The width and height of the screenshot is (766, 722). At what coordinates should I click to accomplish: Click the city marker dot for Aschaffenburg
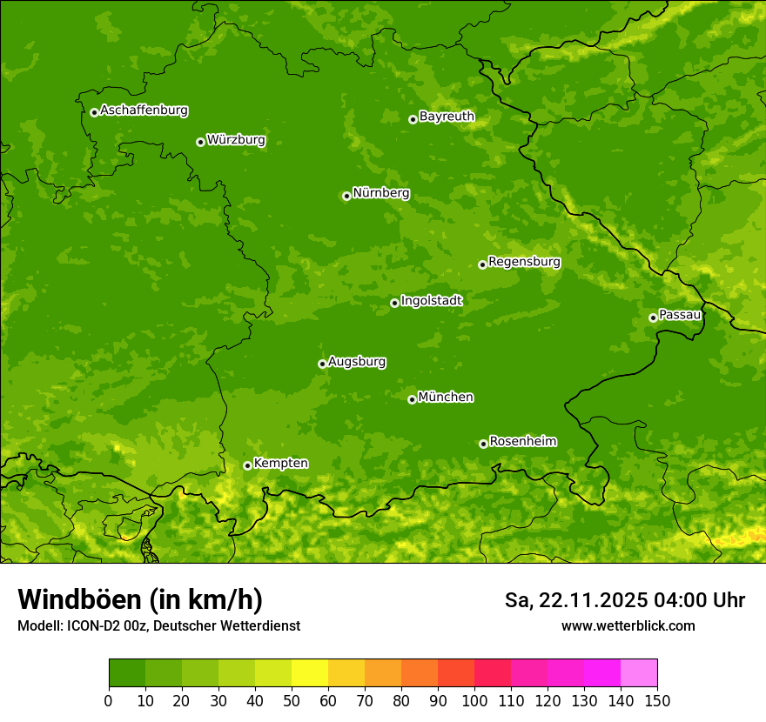(x=94, y=112)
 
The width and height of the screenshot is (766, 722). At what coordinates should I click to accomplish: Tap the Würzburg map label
(x=236, y=140)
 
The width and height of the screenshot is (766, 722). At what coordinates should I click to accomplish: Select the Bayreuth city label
(x=447, y=117)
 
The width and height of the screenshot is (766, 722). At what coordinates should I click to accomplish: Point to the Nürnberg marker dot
(x=346, y=196)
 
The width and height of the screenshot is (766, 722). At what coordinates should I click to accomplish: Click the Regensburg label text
(x=524, y=262)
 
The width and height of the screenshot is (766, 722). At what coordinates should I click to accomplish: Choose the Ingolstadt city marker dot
(x=394, y=303)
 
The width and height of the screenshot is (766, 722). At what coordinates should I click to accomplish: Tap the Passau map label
(x=680, y=315)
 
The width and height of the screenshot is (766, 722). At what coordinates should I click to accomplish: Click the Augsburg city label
(x=357, y=362)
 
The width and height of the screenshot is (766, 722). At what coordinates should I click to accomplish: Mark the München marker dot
(x=412, y=399)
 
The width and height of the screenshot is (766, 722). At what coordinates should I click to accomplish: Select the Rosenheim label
(x=522, y=441)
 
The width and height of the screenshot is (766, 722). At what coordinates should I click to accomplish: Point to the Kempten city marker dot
(x=247, y=465)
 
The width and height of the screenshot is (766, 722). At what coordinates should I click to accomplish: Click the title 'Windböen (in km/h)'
(x=140, y=599)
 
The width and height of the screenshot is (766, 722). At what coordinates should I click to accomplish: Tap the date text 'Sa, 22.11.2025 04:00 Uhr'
(x=624, y=600)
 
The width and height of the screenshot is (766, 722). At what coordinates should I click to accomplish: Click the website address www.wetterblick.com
(x=628, y=625)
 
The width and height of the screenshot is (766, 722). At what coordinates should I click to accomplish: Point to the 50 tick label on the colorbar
(x=292, y=700)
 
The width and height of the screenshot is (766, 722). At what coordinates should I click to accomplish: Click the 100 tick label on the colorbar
(x=474, y=700)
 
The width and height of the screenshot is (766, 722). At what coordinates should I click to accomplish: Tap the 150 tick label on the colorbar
(x=657, y=700)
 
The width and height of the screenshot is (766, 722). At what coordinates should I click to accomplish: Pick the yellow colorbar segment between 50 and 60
(x=310, y=673)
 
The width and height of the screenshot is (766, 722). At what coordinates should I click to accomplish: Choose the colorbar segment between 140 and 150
(x=639, y=673)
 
